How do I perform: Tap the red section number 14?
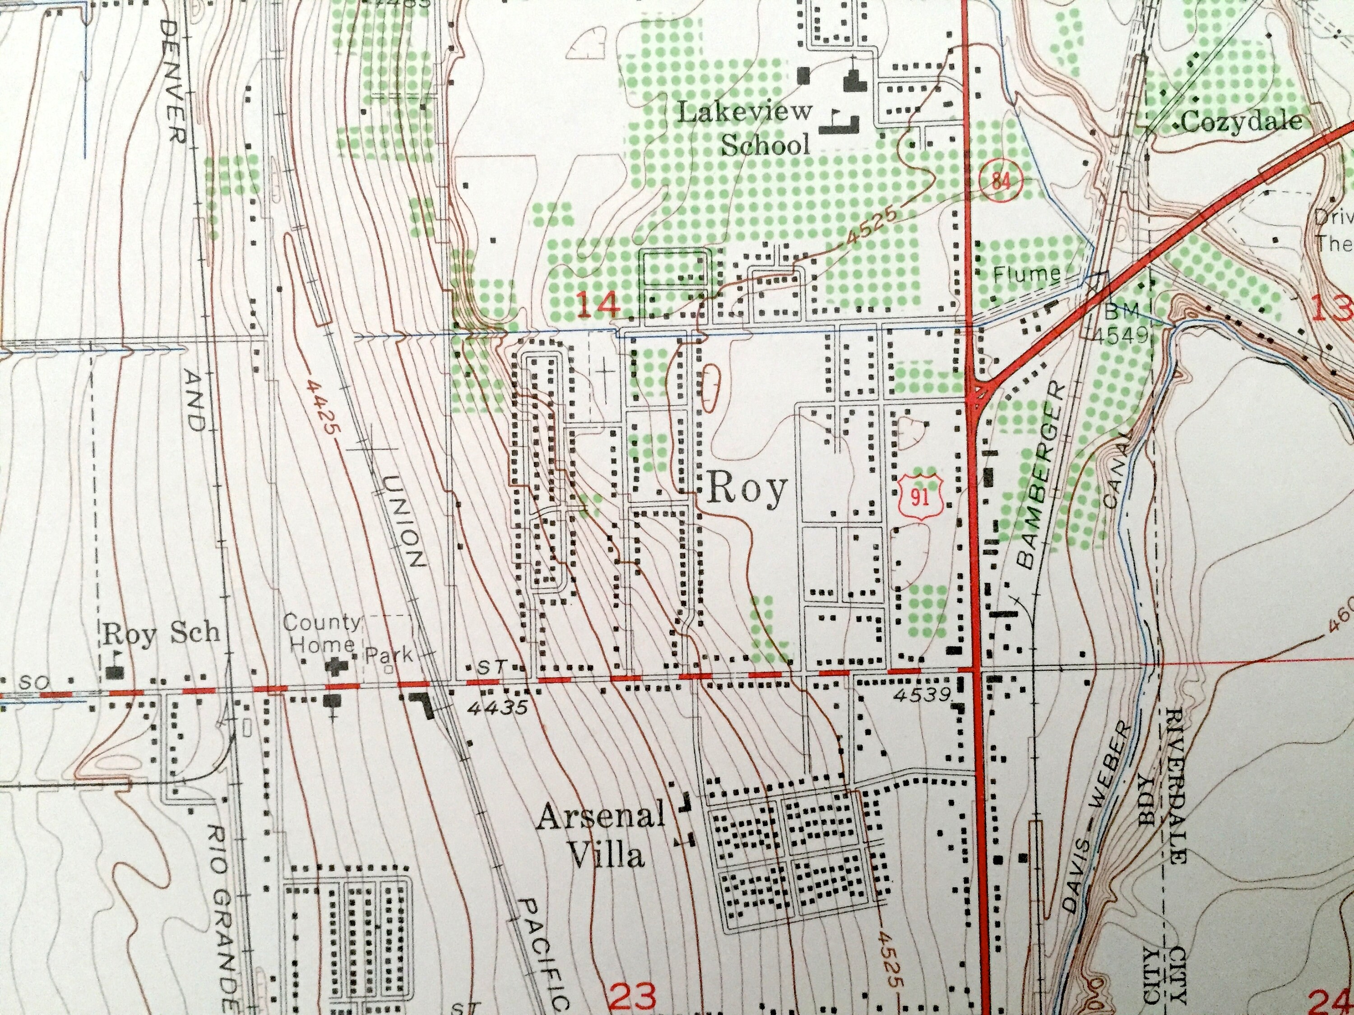click(x=598, y=304)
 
